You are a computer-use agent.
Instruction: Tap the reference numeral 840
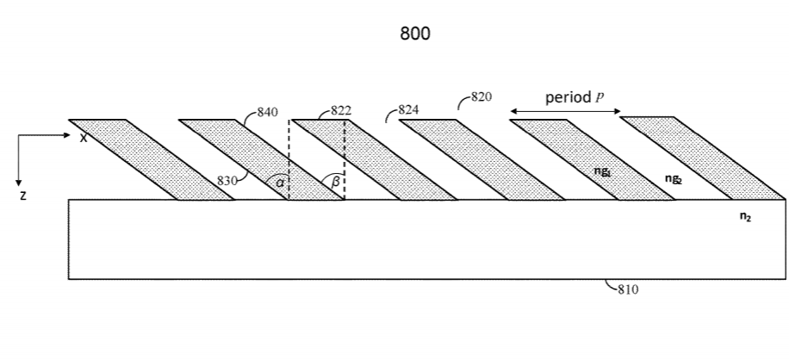(269, 112)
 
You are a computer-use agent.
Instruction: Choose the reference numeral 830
(227, 180)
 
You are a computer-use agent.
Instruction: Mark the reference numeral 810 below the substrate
(627, 290)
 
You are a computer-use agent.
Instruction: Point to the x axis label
(84, 138)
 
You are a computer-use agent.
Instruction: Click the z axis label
(23, 196)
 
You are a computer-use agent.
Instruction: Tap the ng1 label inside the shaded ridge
(602, 171)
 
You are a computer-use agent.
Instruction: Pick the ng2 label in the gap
(673, 178)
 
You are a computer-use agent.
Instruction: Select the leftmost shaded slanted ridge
(151, 159)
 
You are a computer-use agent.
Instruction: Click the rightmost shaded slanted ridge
(702, 159)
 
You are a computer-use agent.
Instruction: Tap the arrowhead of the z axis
(18, 182)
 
